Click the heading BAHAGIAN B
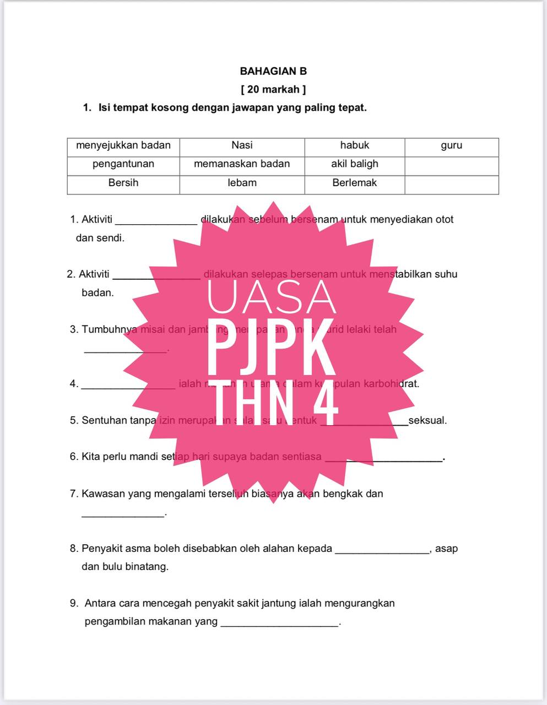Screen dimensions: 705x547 coord(273,71)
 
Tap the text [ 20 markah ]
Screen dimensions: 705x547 coord(273,89)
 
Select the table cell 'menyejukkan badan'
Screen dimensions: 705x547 coord(123,145)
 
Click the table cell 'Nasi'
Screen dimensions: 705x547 coord(242,145)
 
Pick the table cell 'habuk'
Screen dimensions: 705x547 coord(354,145)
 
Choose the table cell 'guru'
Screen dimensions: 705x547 coord(451,145)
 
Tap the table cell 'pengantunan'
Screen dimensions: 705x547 coord(123,164)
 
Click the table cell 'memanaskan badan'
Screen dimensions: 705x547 coord(242,164)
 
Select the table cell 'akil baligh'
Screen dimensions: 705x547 coord(354,164)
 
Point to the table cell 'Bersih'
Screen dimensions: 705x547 coord(123,183)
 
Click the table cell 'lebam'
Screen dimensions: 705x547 coord(242,183)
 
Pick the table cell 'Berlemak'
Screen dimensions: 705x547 coord(354,183)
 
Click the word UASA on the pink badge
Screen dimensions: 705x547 coord(272,297)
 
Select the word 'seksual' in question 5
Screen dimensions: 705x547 coord(427,421)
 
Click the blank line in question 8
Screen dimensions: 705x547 coord(382,551)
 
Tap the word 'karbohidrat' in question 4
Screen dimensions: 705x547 coord(391,384)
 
